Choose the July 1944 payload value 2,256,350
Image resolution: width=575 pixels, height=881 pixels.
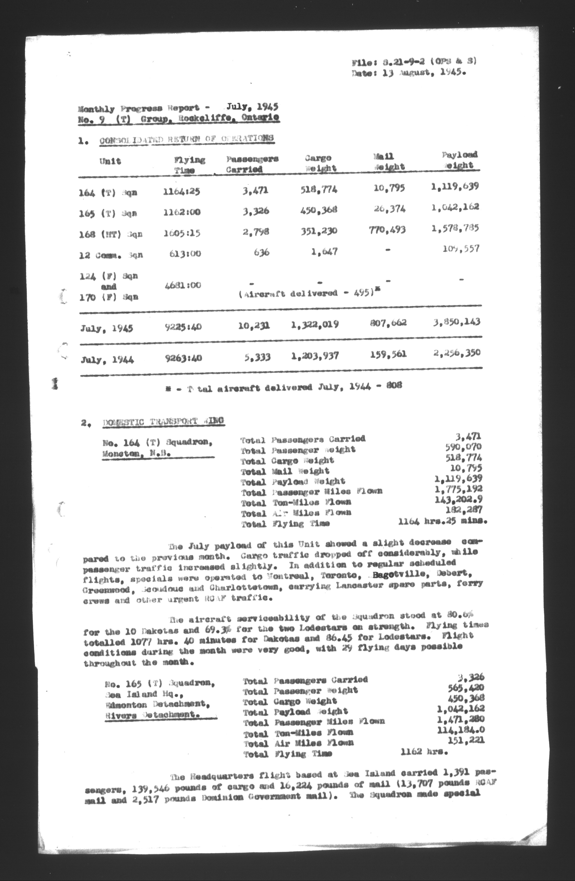457,353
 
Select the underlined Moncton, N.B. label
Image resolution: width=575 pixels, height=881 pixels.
136,453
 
